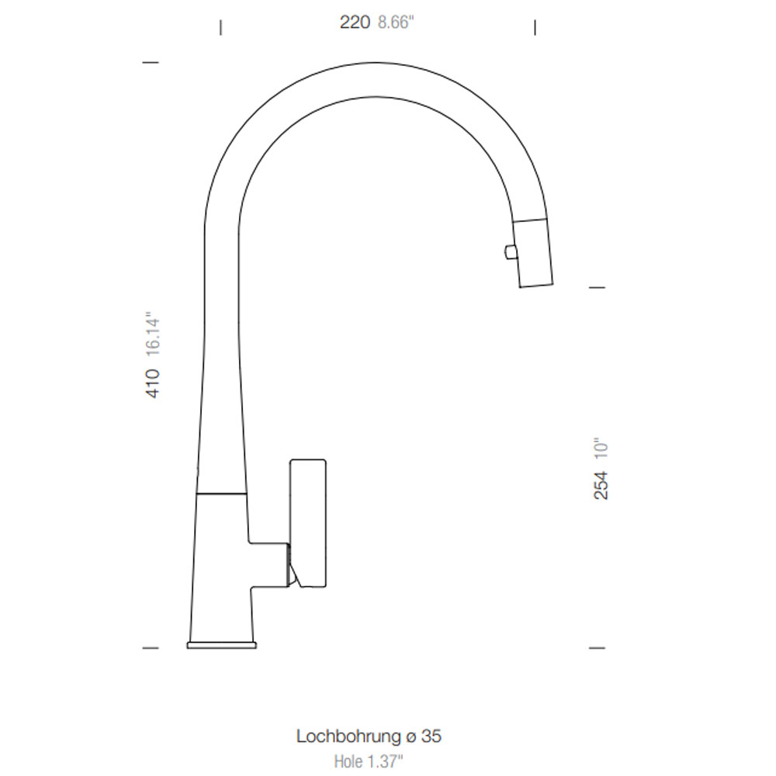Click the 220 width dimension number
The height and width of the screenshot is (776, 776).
click(355, 23)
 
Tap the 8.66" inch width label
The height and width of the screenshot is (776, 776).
click(396, 23)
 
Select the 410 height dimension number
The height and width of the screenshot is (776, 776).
click(153, 383)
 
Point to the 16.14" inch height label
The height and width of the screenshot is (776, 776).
click(153, 334)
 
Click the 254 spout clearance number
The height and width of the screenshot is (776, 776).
click(601, 486)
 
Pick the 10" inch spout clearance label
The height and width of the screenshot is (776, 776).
click(601, 449)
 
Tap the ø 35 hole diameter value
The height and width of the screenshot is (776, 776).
click(423, 736)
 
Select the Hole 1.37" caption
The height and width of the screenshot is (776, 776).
click(369, 761)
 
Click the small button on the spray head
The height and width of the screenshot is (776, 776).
click(510, 252)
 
